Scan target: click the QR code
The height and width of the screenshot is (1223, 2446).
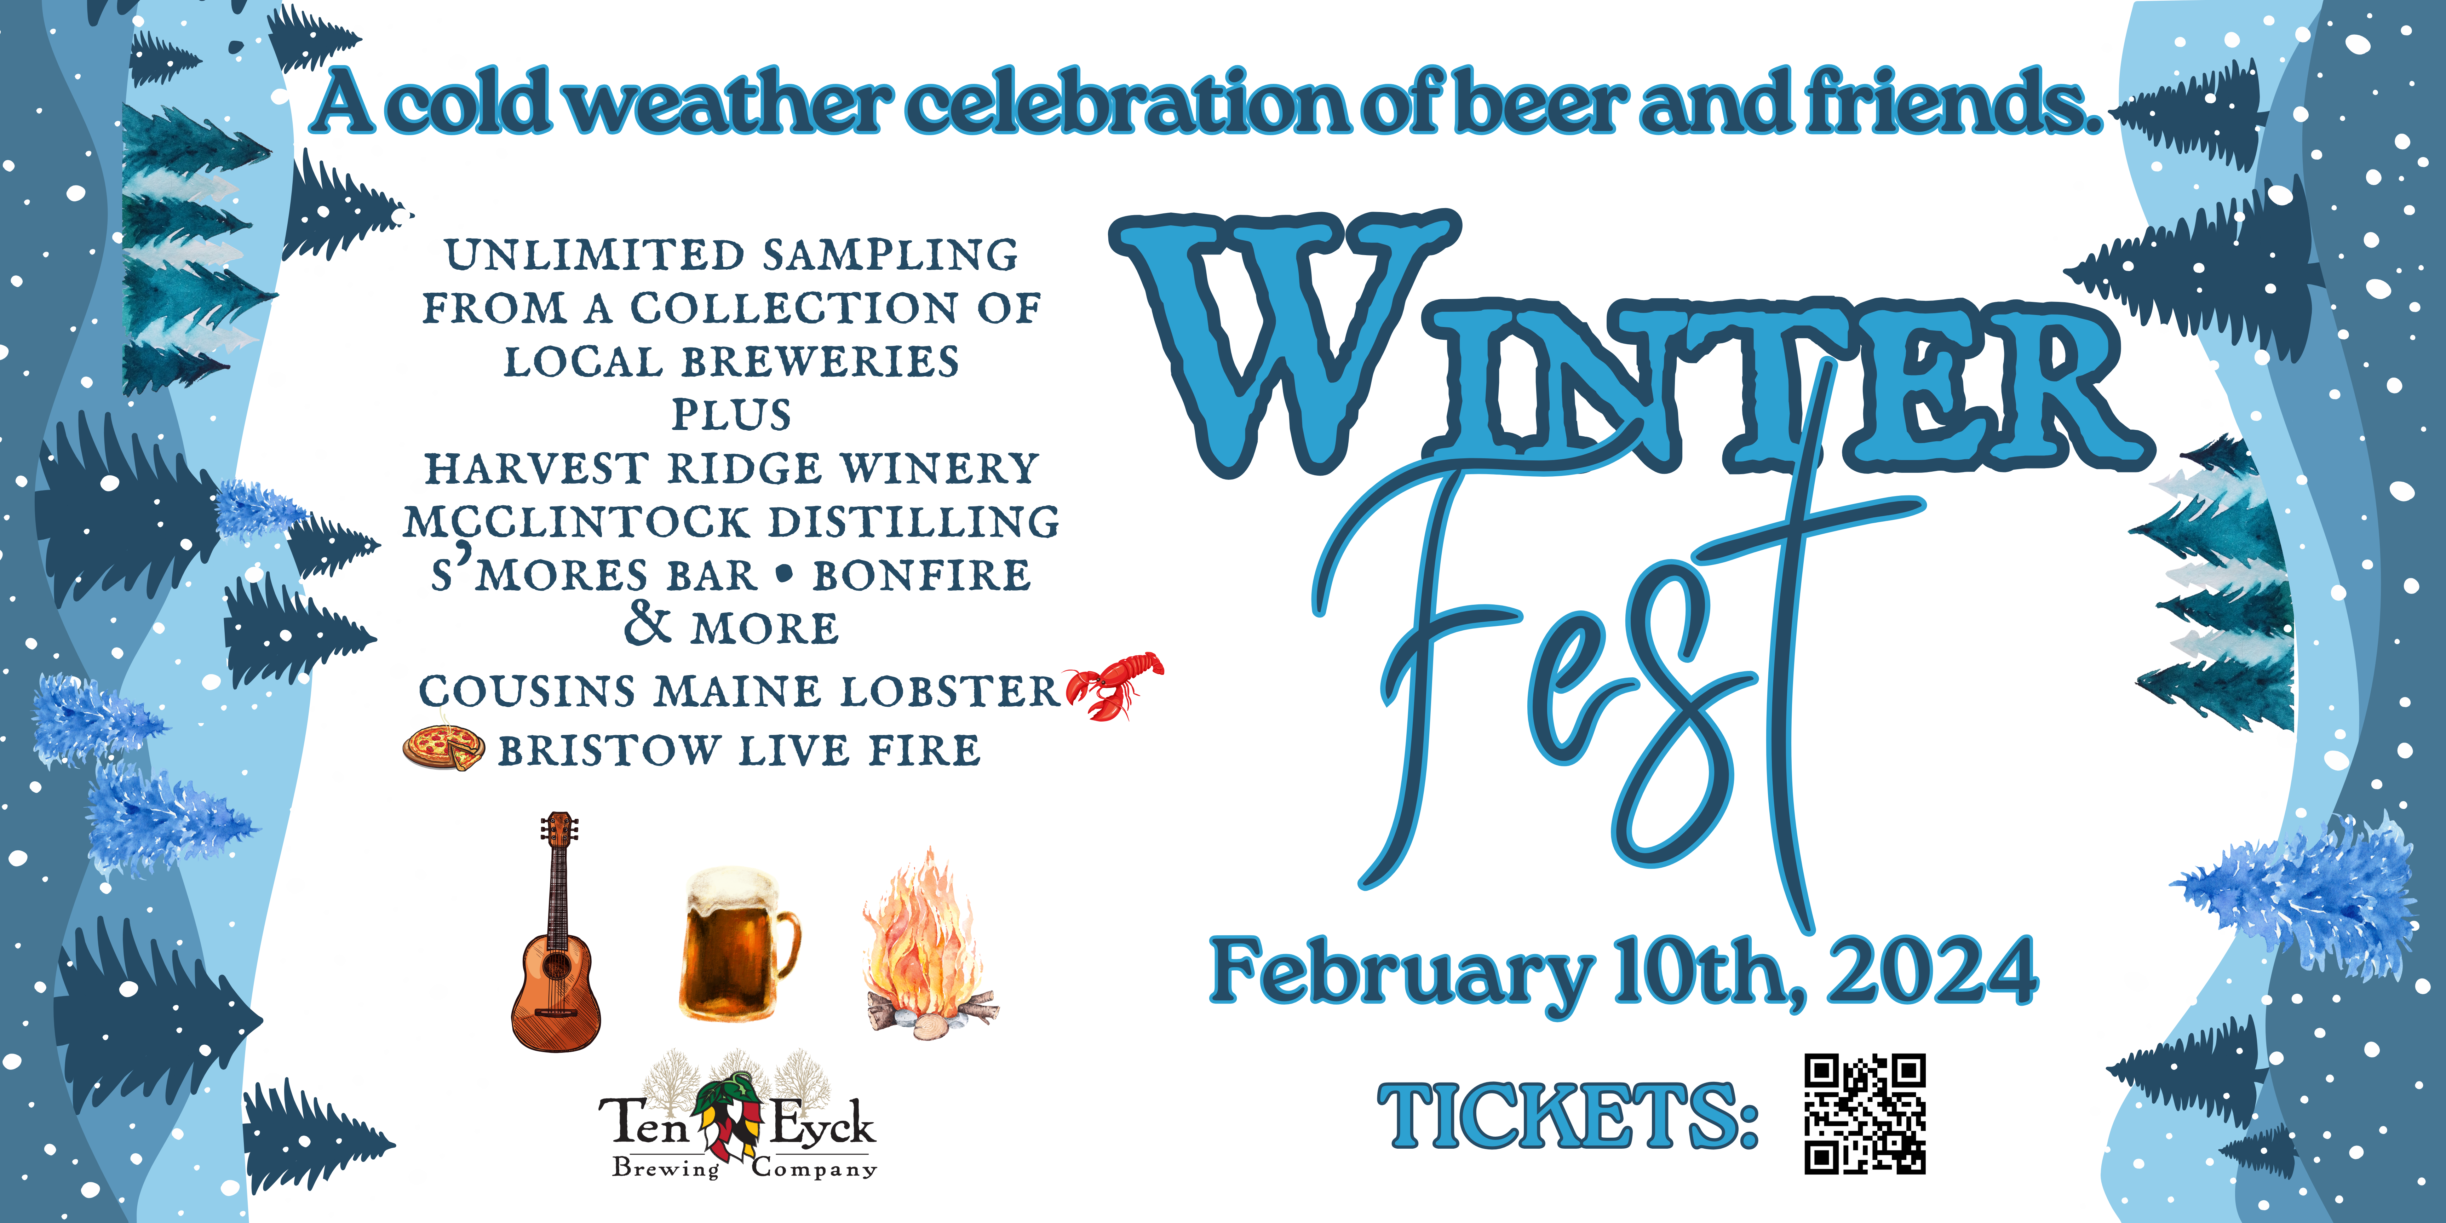[x=1865, y=1114]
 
